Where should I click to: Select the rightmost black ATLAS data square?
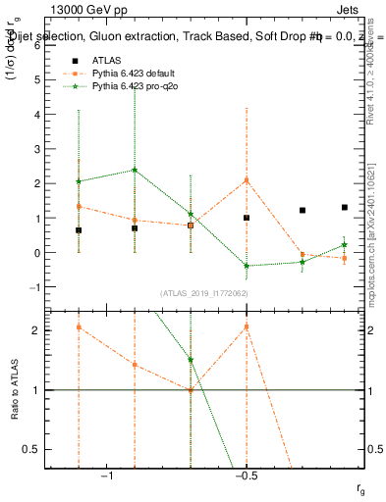pos(345,207)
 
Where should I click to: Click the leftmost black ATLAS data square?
pos(79,229)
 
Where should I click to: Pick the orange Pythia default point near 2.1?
pos(247,180)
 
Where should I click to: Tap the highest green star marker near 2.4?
pos(135,170)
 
